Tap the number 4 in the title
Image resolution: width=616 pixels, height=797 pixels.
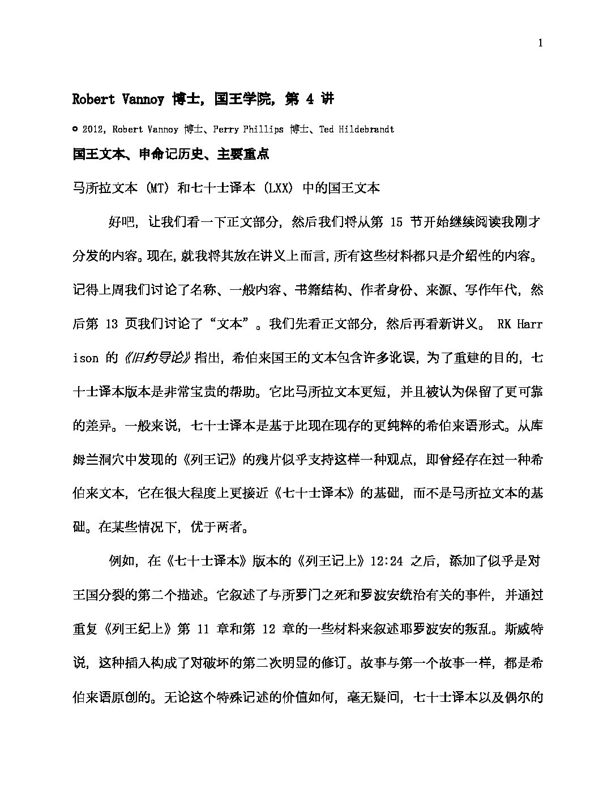tap(309, 100)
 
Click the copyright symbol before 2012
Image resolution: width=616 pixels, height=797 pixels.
tap(75, 130)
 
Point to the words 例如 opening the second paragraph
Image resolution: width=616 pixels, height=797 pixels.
tap(121, 561)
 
